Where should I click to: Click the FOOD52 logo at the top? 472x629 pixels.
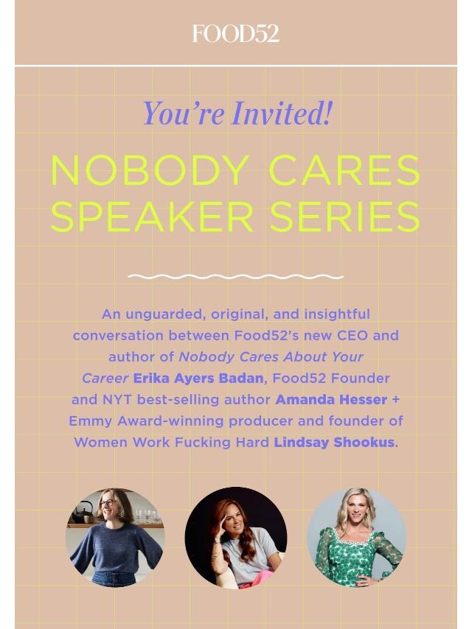tap(236, 34)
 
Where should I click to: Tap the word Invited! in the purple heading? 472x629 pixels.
tap(282, 113)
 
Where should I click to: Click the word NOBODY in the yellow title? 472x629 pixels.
tap(150, 170)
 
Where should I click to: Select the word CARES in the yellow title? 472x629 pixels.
tap(344, 170)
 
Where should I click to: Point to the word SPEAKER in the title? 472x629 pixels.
tap(152, 217)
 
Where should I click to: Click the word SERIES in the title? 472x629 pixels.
tap(345, 217)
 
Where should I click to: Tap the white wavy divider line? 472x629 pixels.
tap(236, 276)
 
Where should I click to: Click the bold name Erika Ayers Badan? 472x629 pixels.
tap(198, 379)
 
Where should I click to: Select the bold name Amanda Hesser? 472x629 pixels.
tap(331, 399)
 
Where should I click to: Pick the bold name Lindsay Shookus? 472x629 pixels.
tap(334, 443)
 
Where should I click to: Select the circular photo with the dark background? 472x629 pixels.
tap(236, 538)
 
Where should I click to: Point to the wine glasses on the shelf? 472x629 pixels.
tap(147, 515)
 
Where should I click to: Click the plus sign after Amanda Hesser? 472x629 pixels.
tap(395, 400)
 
